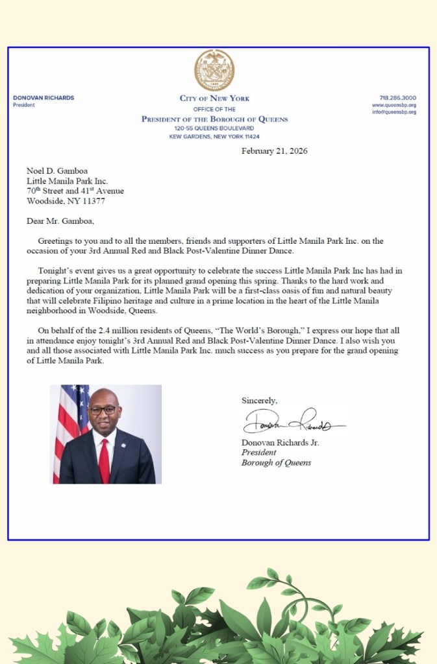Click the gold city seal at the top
pos(214,70)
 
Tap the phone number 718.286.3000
pos(397,98)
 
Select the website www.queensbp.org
pos(394,105)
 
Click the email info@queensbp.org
pos(394,112)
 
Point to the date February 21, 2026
pos(274,151)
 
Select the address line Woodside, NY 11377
pos(66,201)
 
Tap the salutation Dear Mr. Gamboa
pos(60,220)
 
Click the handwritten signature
pos(292,423)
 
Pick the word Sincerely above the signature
pos(260,400)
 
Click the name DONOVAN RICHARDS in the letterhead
pos(44,98)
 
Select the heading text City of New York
pos(214,99)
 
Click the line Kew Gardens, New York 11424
pos(214,137)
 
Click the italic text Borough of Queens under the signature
pos(276,463)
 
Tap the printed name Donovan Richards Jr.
pos(280,442)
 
